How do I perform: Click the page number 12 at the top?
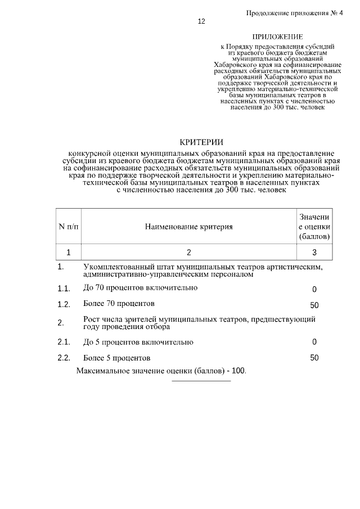(201, 22)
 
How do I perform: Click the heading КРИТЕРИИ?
(201, 142)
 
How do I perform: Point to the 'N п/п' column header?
(69, 227)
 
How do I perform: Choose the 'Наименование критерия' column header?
(188, 227)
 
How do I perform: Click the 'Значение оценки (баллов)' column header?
(314, 227)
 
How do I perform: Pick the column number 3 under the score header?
(314, 252)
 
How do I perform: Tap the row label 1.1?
(63, 289)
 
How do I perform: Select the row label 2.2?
(63, 358)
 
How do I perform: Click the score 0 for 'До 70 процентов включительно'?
(314, 289)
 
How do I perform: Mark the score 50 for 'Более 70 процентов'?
(314, 305)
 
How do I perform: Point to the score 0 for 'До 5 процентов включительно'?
(314, 342)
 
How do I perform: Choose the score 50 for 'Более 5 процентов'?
(314, 358)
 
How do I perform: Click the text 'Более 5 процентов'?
(116, 358)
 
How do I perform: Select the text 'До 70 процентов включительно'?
(140, 289)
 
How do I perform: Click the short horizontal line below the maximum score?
(201, 381)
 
